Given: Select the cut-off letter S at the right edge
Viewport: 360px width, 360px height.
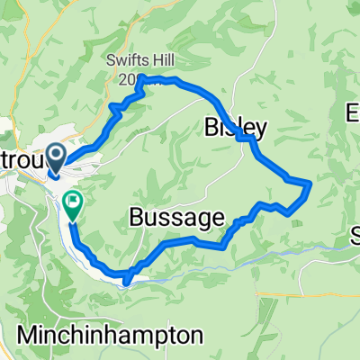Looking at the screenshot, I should point(355,238).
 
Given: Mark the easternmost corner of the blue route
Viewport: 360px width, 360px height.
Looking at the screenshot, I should point(310,184).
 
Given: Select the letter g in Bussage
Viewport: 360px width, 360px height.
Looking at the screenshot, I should point(192,220).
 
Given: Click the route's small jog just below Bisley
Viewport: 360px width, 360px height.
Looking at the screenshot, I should point(245,139).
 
